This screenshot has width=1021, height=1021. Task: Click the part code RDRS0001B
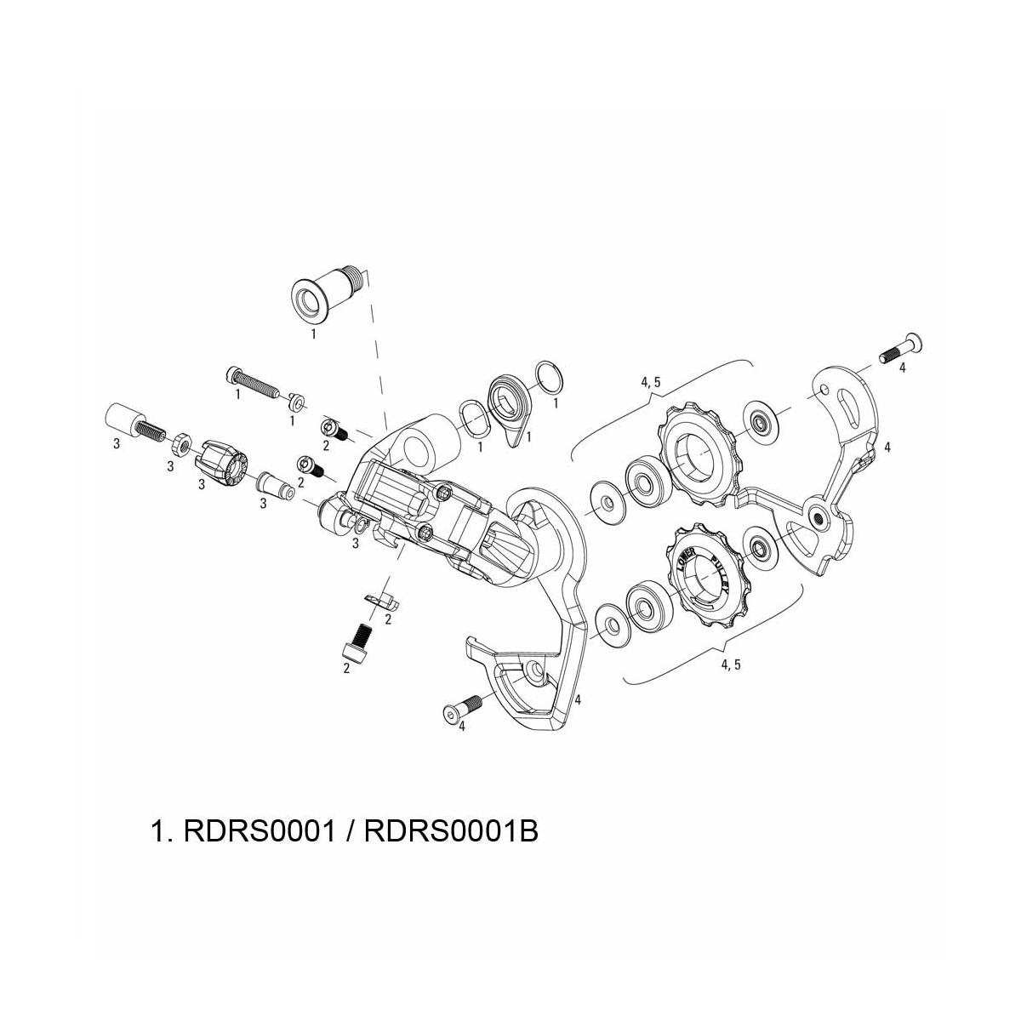(x=451, y=830)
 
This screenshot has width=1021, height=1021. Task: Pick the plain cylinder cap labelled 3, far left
(x=123, y=419)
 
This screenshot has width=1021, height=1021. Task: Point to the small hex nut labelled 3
(x=180, y=442)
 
